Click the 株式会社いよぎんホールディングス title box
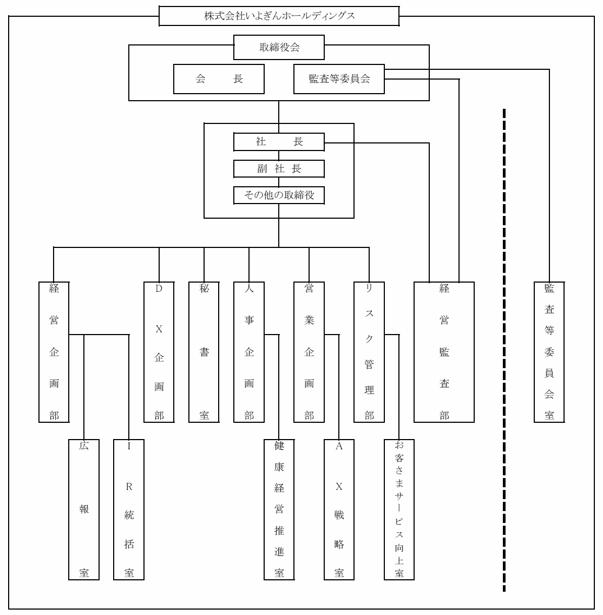click(x=279, y=16)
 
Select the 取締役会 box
click(x=279, y=48)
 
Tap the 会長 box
click(x=219, y=79)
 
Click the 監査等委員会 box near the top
click(x=339, y=79)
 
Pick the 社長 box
click(x=279, y=142)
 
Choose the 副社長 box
click(x=279, y=168)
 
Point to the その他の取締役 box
click(x=279, y=195)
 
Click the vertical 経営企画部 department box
click(x=54, y=351)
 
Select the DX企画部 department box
click(x=159, y=351)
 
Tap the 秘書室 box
click(x=204, y=351)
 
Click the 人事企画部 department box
click(x=249, y=351)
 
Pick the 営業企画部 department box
click(x=309, y=351)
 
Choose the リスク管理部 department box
click(x=369, y=351)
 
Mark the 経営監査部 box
click(x=444, y=351)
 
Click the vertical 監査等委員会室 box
click(x=549, y=351)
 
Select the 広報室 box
click(x=84, y=509)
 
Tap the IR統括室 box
click(x=129, y=509)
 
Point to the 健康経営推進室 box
click(x=279, y=509)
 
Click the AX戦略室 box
click(x=339, y=509)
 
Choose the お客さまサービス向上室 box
click(x=399, y=509)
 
